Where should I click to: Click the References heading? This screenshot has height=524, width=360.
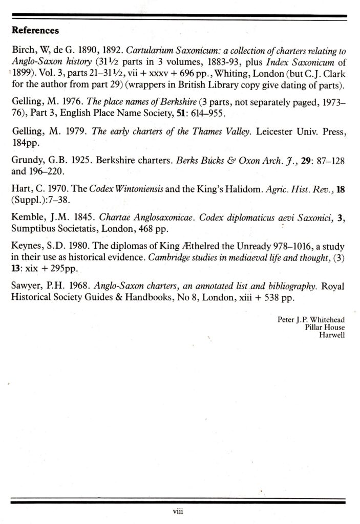click(x=35, y=30)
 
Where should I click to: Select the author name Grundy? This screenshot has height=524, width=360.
click(x=26, y=160)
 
